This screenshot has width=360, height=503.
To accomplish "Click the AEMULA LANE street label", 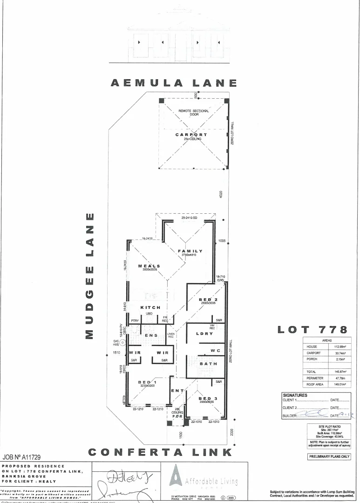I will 174,83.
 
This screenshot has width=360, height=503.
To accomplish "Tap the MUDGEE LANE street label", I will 90,276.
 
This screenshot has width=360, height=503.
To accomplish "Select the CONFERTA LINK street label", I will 160,452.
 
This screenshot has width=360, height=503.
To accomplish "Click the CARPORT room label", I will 191,135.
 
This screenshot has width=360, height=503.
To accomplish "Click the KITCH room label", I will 150,307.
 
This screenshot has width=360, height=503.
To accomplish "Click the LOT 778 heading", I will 312,330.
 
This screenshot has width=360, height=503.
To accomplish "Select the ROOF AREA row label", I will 315,385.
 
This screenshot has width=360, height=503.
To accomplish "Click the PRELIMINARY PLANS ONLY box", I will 329,456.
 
